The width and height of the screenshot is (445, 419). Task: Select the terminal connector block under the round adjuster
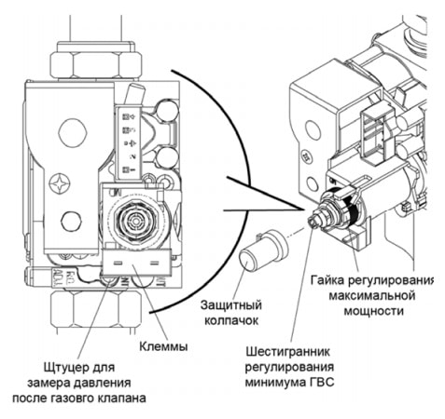131,267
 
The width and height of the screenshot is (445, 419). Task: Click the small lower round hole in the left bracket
71,220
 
